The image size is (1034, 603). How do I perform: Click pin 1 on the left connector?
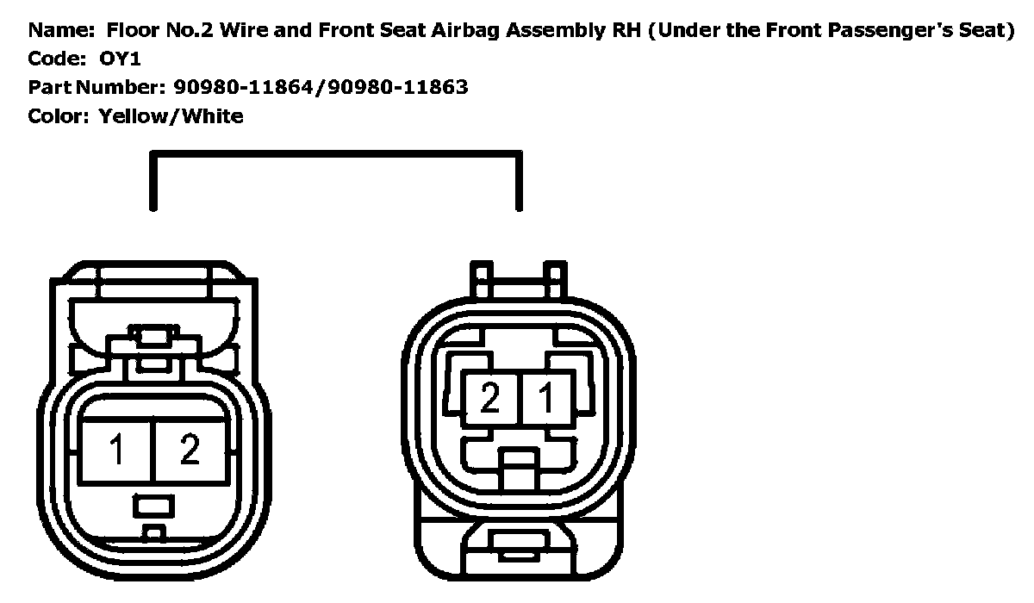tap(115, 449)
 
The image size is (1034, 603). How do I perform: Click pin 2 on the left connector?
tap(190, 449)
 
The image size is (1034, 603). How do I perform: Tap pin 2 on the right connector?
tap(489, 398)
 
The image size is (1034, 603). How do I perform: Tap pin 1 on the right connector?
tap(546, 398)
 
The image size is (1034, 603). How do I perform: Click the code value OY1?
tap(119, 59)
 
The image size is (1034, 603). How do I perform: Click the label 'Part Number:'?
tap(96, 87)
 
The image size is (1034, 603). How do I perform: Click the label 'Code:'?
tap(57, 59)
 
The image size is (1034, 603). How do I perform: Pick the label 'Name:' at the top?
tap(60, 31)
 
